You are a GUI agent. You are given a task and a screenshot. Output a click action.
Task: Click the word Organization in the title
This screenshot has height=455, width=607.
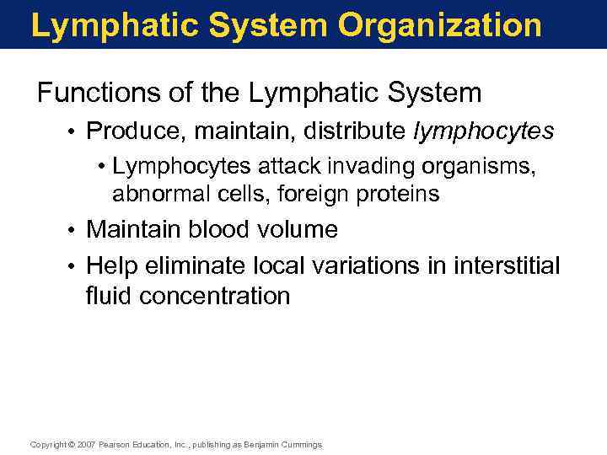point(440,26)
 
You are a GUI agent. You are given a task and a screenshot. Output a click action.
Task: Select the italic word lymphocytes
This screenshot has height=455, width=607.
point(484,131)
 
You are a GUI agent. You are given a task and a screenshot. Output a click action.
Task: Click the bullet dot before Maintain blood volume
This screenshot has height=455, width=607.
point(74,230)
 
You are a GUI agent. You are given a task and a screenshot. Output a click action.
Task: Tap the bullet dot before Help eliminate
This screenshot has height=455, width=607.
point(74,266)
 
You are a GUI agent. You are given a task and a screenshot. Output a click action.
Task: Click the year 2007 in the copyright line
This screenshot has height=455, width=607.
point(87,444)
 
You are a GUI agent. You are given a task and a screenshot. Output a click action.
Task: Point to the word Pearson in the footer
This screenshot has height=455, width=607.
point(115,444)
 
